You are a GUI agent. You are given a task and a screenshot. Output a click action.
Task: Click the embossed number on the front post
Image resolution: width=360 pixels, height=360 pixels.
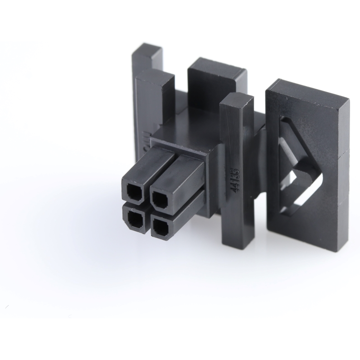[235, 180]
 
